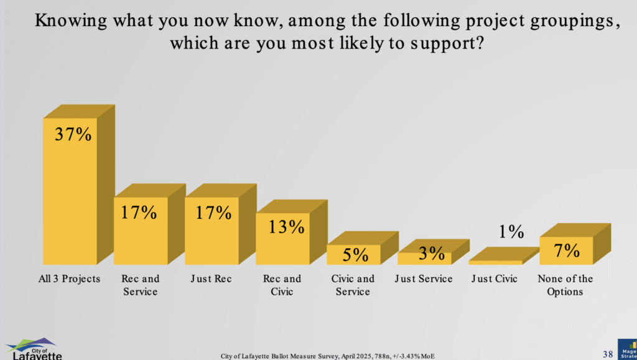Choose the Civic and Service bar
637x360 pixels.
353,255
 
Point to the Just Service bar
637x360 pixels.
424,258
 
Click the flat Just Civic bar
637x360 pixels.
495,262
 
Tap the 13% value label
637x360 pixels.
287,227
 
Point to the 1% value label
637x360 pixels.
511,232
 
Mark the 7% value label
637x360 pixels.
567,251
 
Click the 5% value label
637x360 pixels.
356,254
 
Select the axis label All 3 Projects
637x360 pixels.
69,279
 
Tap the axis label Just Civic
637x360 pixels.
495,279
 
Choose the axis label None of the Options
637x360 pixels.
565,285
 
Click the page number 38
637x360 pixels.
608,354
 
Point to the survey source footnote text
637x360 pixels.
327,356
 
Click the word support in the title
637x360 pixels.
445,45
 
